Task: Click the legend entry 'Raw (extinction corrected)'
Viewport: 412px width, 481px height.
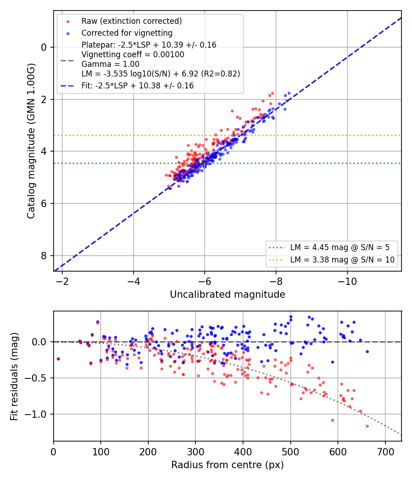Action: pos(131,21)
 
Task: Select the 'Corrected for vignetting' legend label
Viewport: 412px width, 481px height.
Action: pos(127,33)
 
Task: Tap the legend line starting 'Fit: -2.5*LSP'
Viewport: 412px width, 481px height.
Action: pos(138,86)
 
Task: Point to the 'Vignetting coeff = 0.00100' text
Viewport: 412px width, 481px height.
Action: pos(133,55)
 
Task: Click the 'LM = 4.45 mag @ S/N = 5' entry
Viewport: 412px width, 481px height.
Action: pos(340,247)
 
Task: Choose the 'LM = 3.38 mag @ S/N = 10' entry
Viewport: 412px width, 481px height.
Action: pos(342,260)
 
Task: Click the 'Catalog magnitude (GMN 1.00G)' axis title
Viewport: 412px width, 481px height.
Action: pos(31,141)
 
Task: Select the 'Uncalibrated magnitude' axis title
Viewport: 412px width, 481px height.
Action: pos(228,295)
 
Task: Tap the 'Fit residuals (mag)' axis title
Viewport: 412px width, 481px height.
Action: pos(14,377)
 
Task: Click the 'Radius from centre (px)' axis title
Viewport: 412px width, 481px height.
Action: pos(228,465)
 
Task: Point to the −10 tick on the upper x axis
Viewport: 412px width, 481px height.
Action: pos(347,281)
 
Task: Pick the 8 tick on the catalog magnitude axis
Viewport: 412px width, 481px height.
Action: pos(44,256)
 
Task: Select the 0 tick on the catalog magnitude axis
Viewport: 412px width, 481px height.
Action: pos(44,47)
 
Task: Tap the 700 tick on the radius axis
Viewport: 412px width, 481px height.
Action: pos(385,452)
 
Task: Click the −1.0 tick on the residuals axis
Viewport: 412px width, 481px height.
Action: pos(37,414)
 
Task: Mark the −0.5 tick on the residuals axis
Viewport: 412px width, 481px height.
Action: pos(37,378)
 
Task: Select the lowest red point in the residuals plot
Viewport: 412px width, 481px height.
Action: pos(367,426)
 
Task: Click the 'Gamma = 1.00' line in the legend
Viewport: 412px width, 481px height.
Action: pos(110,64)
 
